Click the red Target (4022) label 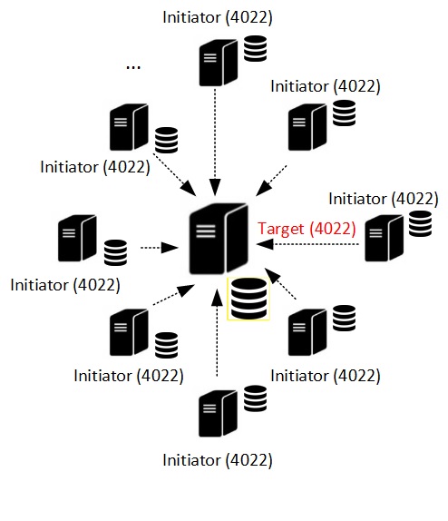point(307,229)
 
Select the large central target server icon point(219,239)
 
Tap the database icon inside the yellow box point(248,299)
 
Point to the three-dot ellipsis point(133,67)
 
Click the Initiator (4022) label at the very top point(218,17)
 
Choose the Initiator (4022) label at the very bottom point(218,460)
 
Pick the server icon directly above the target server point(219,63)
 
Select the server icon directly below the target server point(218,413)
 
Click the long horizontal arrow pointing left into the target point(307,244)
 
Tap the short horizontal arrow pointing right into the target point(160,248)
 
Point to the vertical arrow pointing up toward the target point(217,332)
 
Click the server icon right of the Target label point(384,238)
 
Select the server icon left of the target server point(77,238)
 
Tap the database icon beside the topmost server point(255,48)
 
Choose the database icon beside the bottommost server point(255,398)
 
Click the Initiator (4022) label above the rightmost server point(384,199)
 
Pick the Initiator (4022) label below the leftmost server point(65,285)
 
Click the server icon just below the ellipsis point(129,127)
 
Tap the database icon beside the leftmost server point(115,252)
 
